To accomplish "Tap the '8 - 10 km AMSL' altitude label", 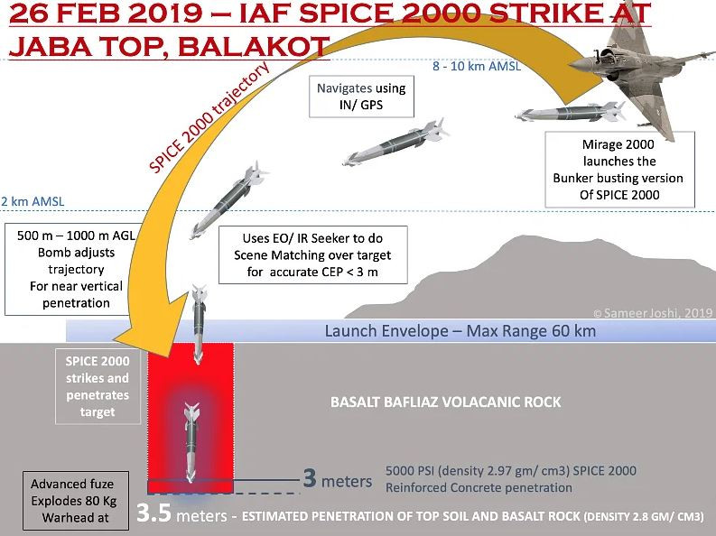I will pyautogui.click(x=478, y=66).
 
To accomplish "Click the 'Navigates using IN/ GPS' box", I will pyautogui.click(x=361, y=97).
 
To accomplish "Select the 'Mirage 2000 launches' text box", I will pyautogui.click(x=618, y=170).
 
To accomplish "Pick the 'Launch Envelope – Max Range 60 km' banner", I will pyautogui.click(x=460, y=331).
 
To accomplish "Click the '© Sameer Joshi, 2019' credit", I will pyautogui.click(x=652, y=312).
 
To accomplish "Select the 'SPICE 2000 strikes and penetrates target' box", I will pyautogui.click(x=98, y=385).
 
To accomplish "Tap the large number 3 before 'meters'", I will pyautogui.click(x=309, y=479).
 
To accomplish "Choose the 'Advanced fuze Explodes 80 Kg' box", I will pyautogui.click(x=72, y=501).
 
